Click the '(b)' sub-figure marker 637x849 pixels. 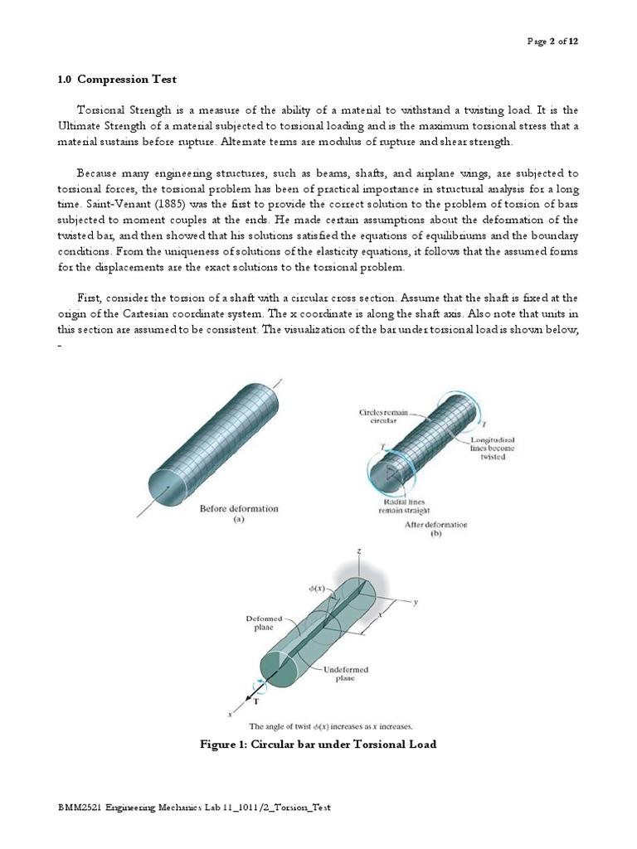(x=435, y=536)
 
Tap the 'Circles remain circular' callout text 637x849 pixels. (x=379, y=416)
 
